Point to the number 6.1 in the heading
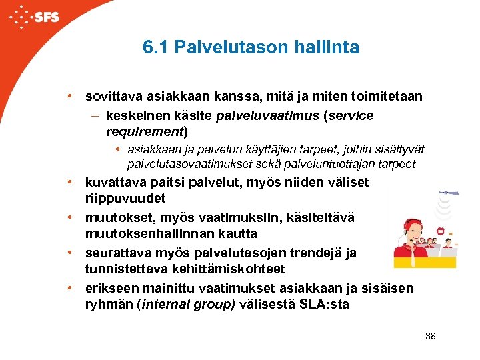pyautogui.click(x=155, y=48)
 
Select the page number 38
pyautogui.click(x=430, y=337)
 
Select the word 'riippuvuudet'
pyautogui.click(x=125, y=199)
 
